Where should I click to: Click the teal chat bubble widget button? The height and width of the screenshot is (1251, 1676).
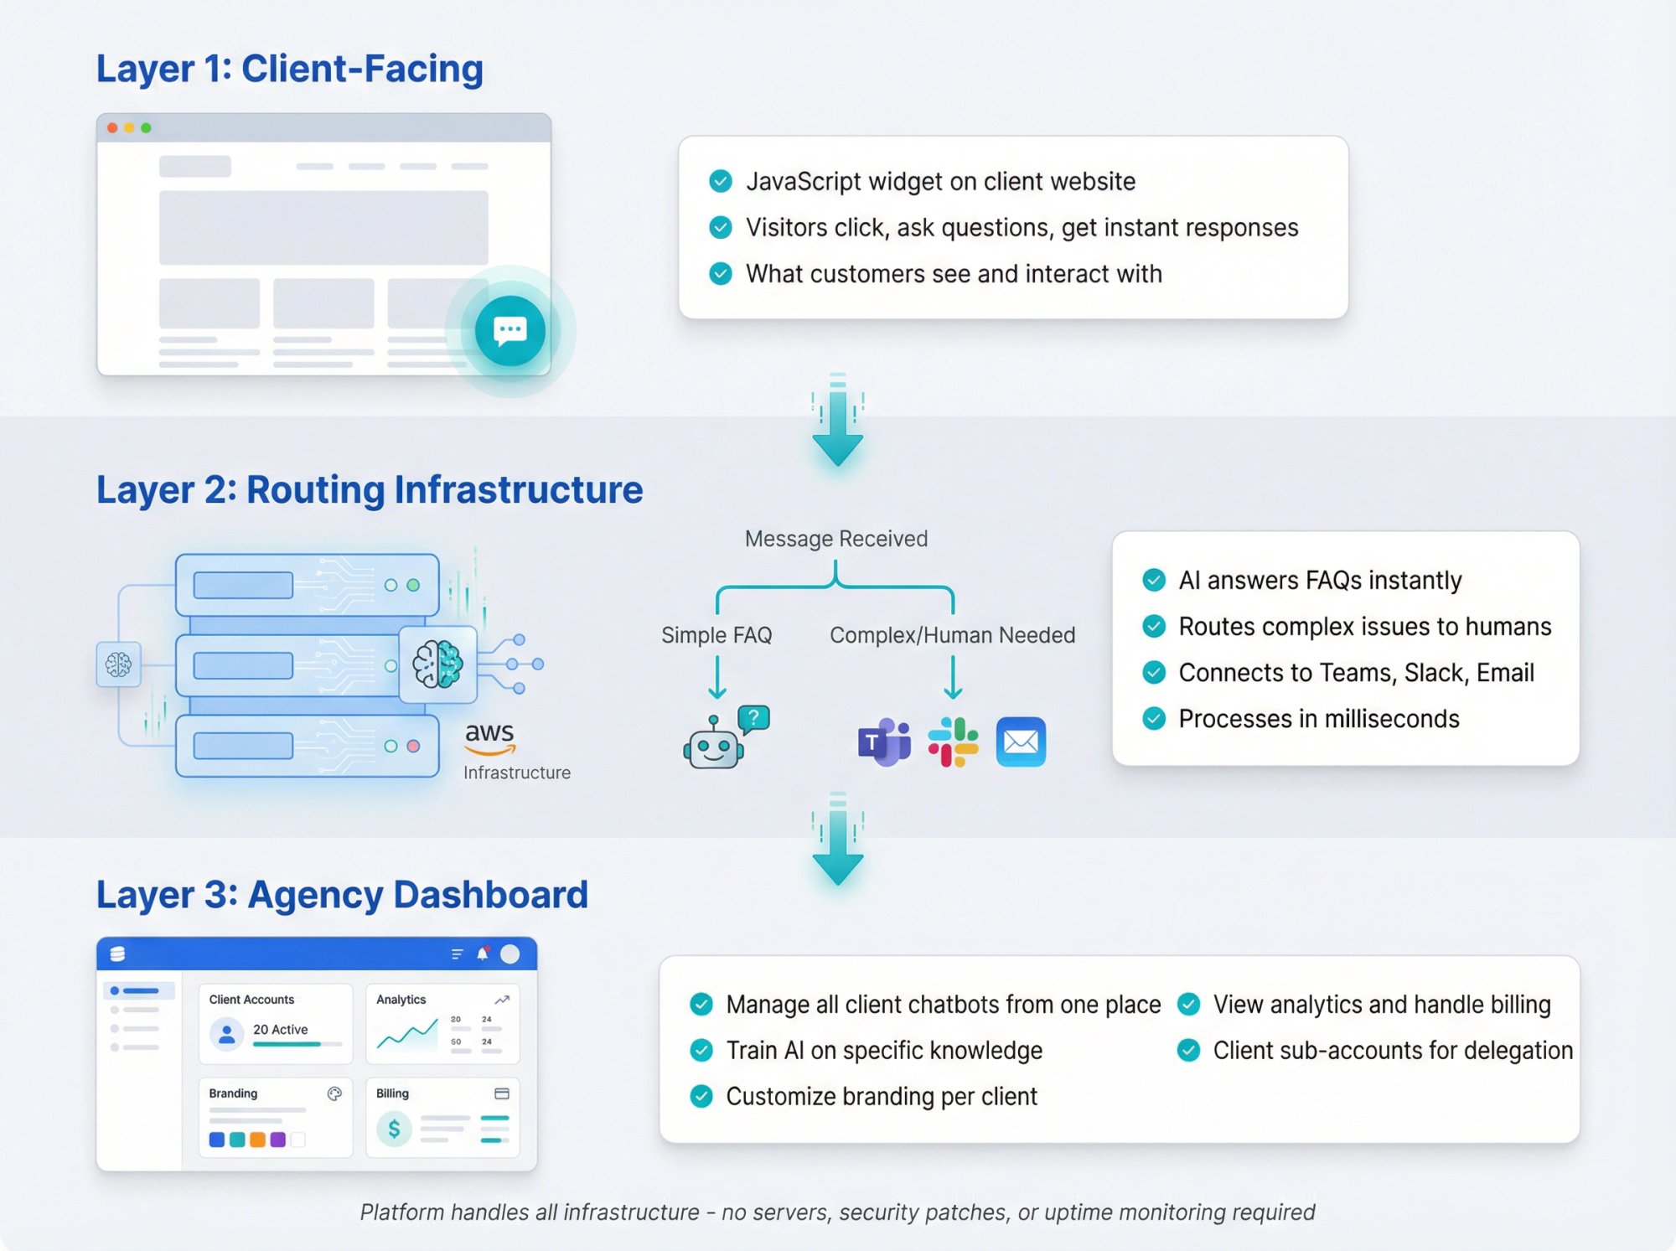[x=510, y=330]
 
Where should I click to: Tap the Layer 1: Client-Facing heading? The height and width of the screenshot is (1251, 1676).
[x=289, y=69]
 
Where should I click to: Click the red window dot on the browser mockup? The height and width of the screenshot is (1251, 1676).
[x=112, y=128]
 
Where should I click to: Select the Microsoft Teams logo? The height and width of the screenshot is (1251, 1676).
[x=883, y=742]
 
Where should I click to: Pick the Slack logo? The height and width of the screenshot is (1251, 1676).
[x=953, y=742]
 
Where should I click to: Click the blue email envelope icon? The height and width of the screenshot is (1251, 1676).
[x=1021, y=742]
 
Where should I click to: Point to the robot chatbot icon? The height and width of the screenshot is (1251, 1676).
[x=714, y=742]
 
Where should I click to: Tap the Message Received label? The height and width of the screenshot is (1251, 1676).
[x=835, y=539]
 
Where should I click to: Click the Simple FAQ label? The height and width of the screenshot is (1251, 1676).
[x=716, y=635]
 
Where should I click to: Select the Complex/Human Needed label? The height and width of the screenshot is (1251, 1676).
[x=952, y=635]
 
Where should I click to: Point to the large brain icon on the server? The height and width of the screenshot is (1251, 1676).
[x=437, y=664]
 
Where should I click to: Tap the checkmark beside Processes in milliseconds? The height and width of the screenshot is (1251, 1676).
[x=1154, y=719]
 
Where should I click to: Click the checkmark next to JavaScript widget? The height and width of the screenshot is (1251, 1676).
[x=721, y=181]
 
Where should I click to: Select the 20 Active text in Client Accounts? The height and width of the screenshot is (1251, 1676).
[x=280, y=1030]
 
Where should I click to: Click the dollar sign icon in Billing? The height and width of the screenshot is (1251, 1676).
[x=394, y=1130]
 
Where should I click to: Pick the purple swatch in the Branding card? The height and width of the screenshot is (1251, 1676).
[x=278, y=1140]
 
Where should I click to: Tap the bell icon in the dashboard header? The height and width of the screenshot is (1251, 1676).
[x=483, y=954]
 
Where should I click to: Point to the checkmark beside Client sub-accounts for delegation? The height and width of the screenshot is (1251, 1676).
[x=1188, y=1051]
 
